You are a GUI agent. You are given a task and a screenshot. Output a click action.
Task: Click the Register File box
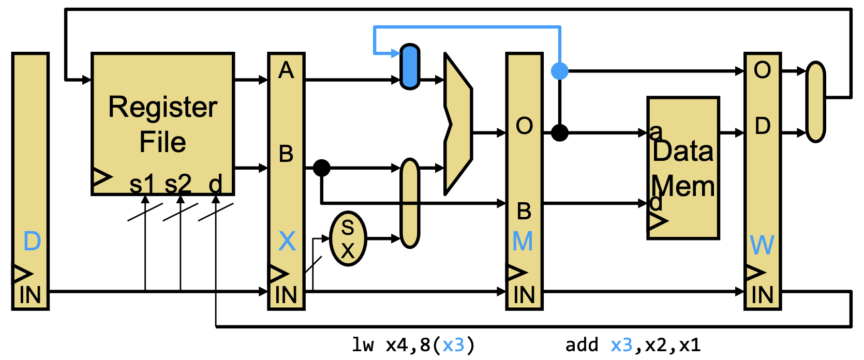coord(162,124)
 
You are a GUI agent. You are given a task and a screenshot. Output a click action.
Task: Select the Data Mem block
coord(683,168)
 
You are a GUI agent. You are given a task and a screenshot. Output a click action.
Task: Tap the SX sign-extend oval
coord(348,238)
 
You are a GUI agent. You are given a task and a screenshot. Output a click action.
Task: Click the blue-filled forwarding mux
coord(410,67)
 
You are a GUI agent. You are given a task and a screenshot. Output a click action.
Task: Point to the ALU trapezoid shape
coord(458,124)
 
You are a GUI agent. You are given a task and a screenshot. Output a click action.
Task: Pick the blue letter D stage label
coord(32,242)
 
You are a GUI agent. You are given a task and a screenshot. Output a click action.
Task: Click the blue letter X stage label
coord(287,242)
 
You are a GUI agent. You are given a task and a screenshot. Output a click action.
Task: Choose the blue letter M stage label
coord(523,242)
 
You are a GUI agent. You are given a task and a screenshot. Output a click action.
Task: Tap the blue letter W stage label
coord(762,245)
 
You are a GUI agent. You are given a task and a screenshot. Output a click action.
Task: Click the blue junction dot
coord(560,71)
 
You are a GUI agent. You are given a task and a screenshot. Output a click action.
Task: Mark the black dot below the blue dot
coord(560,133)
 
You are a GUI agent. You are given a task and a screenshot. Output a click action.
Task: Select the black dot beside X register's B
coord(322,168)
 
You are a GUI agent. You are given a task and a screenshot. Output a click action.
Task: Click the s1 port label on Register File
coord(142,184)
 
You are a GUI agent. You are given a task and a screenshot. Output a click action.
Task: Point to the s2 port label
coord(178,184)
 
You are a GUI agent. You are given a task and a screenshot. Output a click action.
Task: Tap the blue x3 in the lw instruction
coord(453,345)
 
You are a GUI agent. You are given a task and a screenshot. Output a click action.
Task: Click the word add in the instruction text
coord(582,345)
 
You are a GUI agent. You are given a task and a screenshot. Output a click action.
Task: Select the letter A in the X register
coord(286,70)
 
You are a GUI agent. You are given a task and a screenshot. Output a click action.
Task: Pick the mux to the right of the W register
coord(815,102)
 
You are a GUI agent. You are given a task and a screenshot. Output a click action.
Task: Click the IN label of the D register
coord(30,295)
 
